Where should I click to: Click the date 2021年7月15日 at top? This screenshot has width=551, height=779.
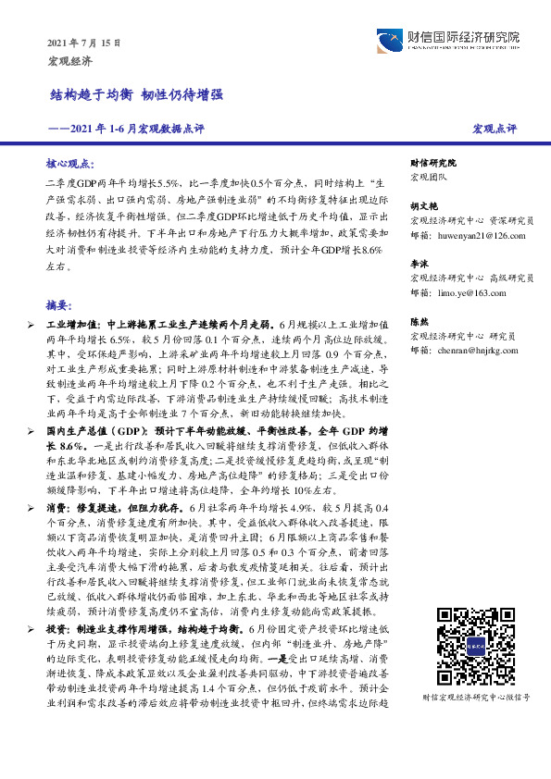(83, 43)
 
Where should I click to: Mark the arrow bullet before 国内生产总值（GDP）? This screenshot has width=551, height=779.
(31, 431)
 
